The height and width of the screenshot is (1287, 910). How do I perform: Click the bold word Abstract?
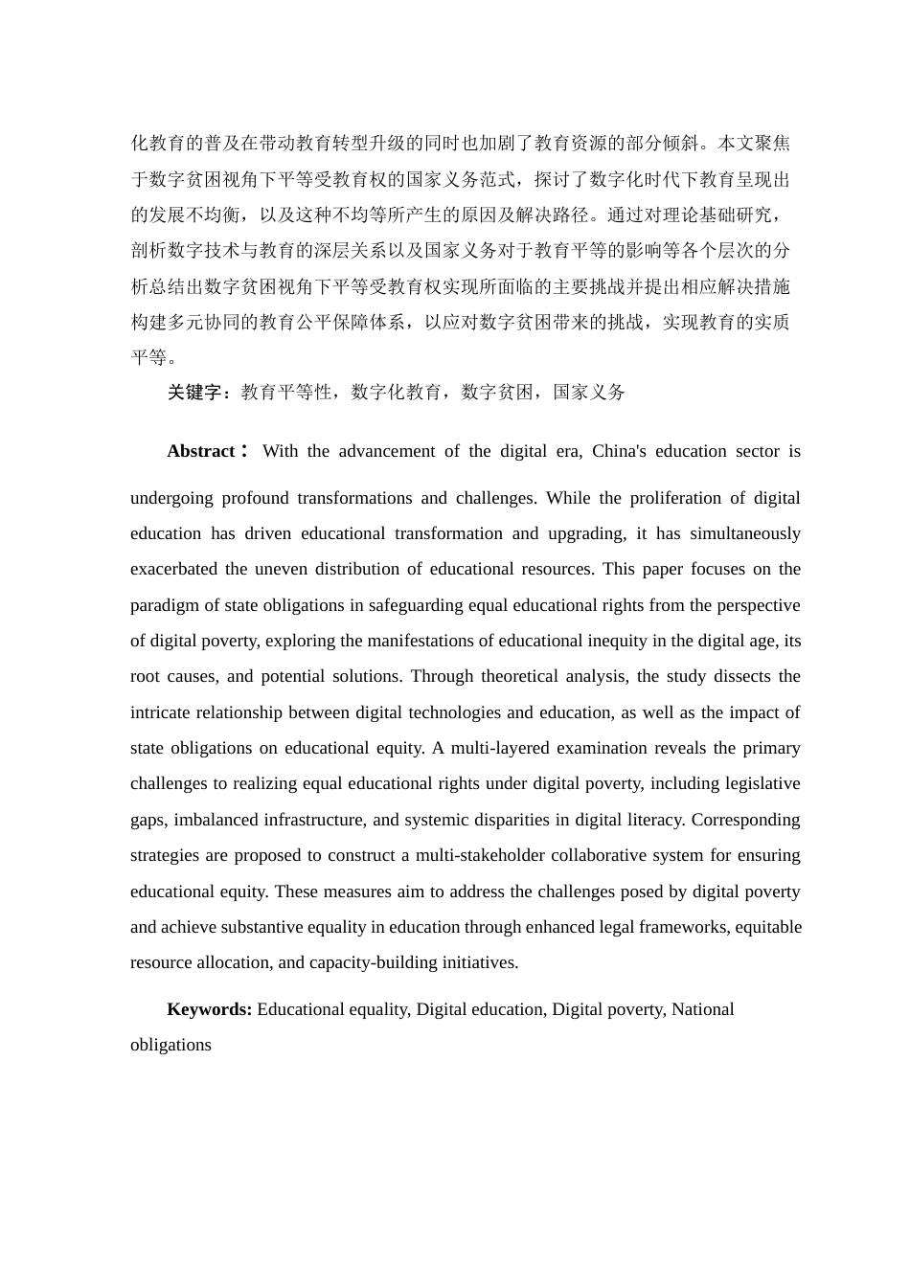click(x=201, y=451)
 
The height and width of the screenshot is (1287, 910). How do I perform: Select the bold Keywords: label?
click(x=209, y=1009)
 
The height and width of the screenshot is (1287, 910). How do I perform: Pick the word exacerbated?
click(x=173, y=569)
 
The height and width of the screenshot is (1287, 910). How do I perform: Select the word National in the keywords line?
click(x=703, y=1009)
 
